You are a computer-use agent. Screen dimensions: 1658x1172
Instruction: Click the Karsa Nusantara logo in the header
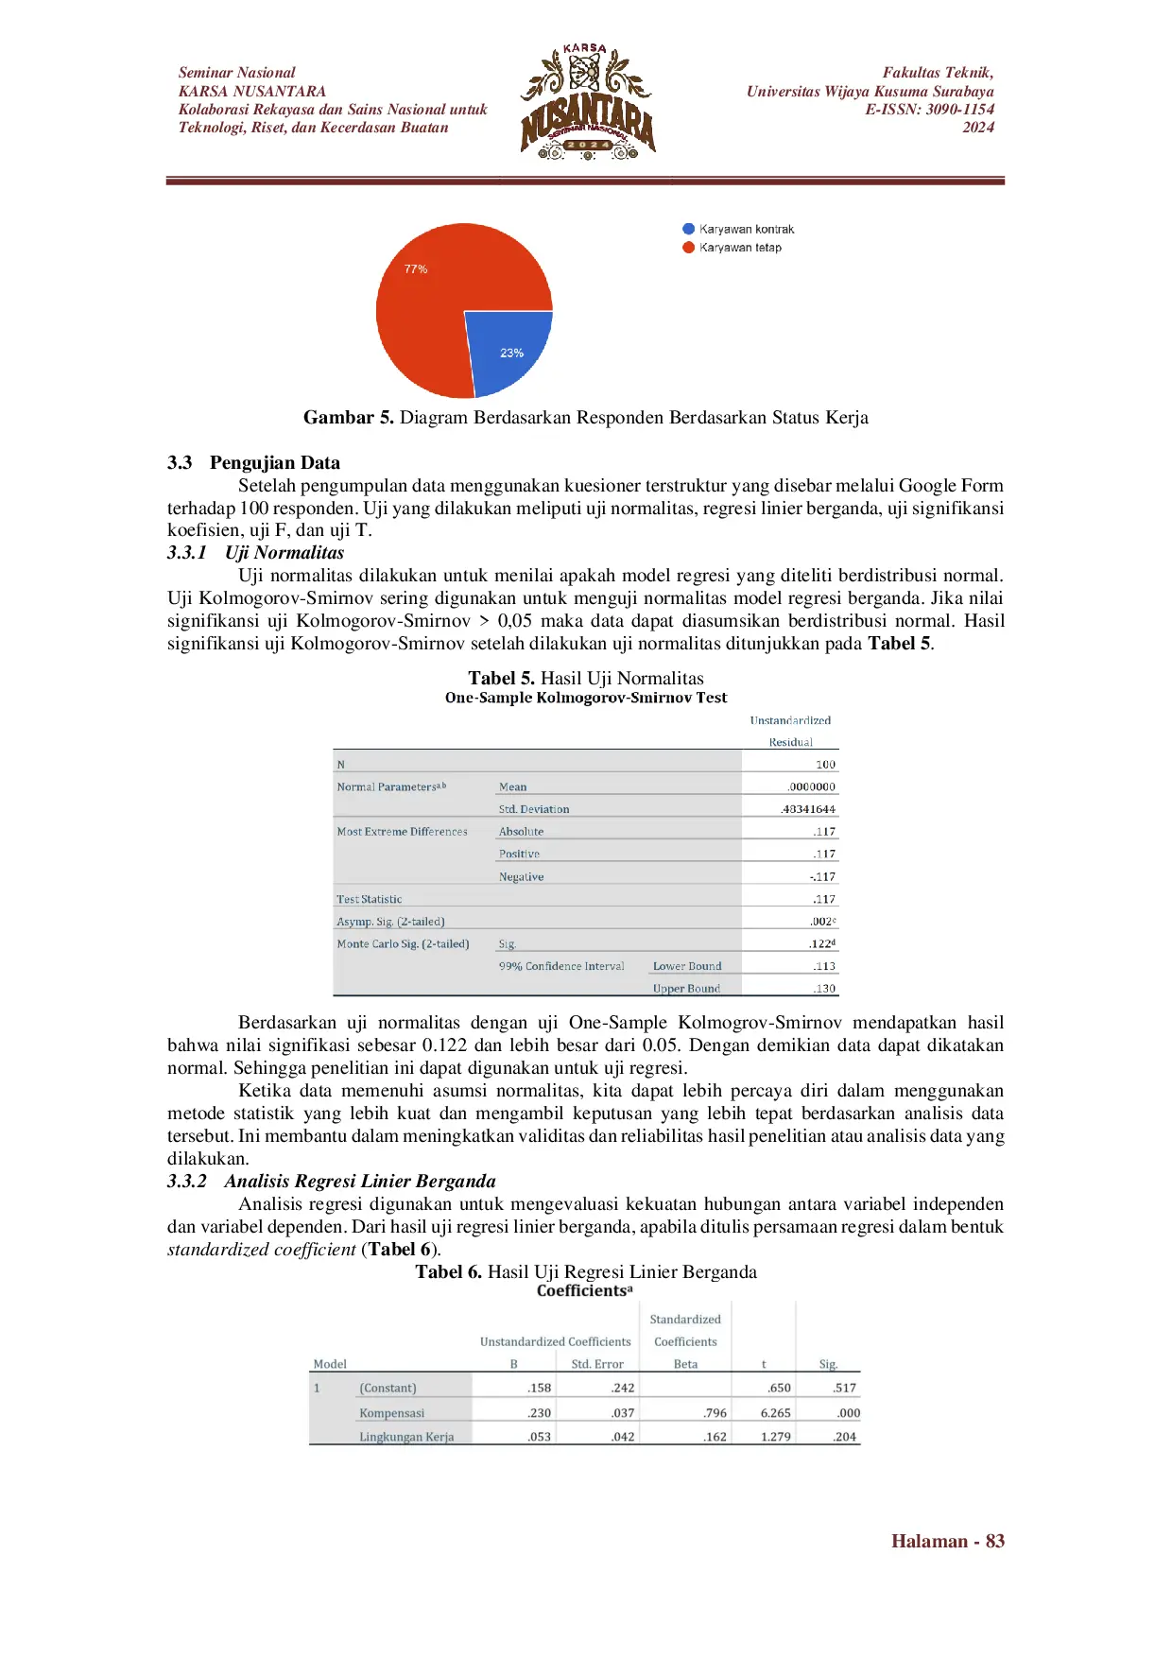coord(587,101)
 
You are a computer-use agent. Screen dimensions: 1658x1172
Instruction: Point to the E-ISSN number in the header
coord(929,110)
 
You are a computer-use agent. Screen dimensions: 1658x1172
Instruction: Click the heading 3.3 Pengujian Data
coord(253,463)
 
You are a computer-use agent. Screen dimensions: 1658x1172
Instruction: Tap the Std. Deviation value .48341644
coord(808,809)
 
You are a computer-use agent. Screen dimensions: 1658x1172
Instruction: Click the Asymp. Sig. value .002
coord(821,922)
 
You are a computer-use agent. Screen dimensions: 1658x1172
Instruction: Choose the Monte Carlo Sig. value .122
coord(821,943)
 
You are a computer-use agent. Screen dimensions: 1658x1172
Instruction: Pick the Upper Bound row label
coord(686,989)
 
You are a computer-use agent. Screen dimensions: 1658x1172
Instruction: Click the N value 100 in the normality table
coord(825,765)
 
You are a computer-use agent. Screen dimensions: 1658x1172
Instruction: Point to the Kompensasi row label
coord(391,1413)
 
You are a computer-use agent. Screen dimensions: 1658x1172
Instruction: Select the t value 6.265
coord(775,1413)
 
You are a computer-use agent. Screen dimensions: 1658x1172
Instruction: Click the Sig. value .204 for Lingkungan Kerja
coord(844,1437)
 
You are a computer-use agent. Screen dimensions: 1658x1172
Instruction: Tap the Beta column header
coord(685,1364)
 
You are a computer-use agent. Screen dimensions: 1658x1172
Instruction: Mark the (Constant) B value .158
coord(539,1389)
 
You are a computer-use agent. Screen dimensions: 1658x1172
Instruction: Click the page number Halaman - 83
coord(947,1542)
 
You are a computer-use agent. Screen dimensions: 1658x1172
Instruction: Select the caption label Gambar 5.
coord(348,418)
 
